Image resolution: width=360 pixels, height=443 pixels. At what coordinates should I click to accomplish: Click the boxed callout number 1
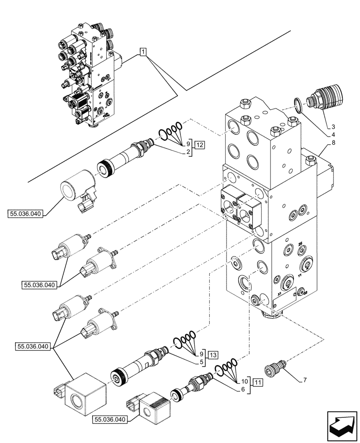pos(143,52)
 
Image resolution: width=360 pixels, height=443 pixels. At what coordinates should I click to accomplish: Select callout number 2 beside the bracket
pos(188,152)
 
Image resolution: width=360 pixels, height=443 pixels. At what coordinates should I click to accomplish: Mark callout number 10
pos(243,381)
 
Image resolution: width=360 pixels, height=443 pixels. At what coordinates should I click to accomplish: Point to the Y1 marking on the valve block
pos(300,275)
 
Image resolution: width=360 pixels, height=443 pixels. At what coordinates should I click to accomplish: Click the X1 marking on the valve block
pos(279,294)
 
